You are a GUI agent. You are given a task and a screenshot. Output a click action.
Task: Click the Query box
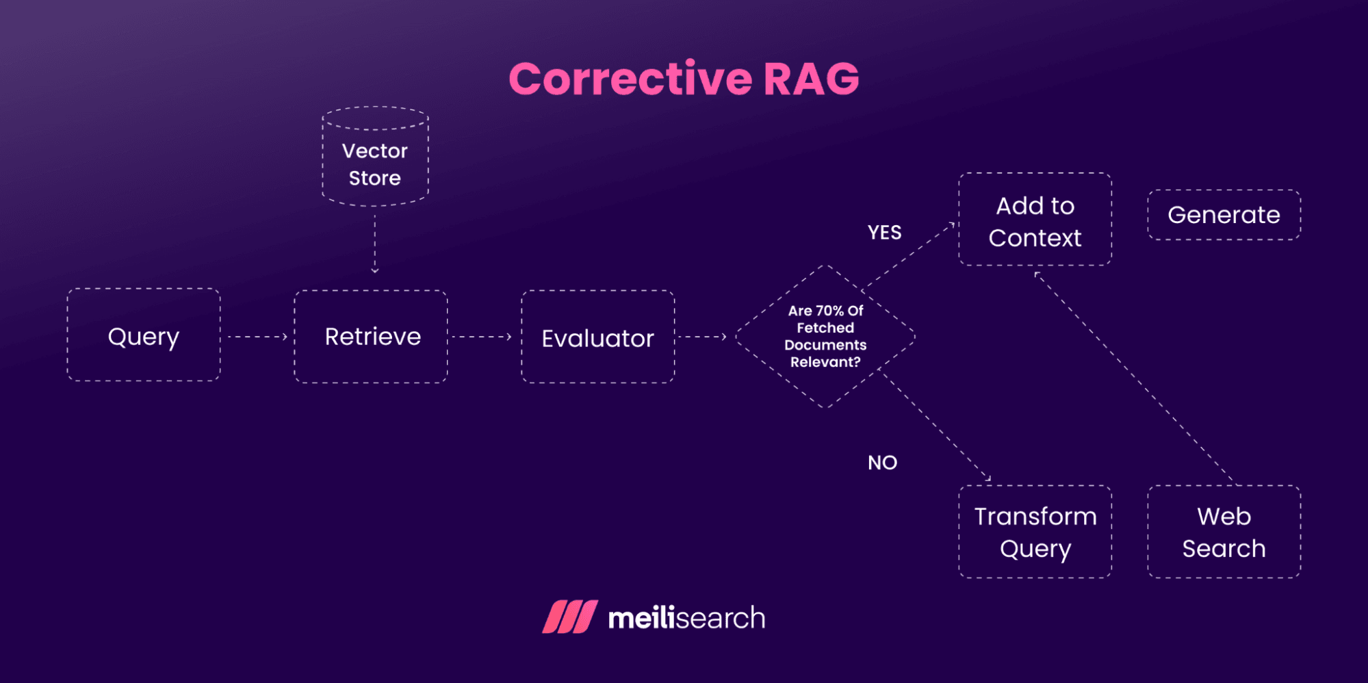[x=144, y=335]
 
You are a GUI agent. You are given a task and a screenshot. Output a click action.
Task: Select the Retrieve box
[x=371, y=337]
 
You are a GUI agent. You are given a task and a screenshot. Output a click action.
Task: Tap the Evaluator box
[x=597, y=337]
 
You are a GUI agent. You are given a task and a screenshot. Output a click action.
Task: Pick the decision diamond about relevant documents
[x=825, y=336]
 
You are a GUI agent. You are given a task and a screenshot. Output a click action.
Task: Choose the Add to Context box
[x=1035, y=220]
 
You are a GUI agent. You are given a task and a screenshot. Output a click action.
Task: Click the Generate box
[x=1224, y=215]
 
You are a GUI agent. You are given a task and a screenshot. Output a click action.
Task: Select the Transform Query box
[x=1035, y=532]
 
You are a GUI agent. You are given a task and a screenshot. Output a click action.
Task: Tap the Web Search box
[x=1224, y=532]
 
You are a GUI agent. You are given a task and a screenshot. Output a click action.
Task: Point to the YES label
[x=884, y=233]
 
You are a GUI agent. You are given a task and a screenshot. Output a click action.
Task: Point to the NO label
[x=882, y=463]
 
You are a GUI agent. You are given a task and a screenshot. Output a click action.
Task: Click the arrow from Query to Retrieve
[x=257, y=337]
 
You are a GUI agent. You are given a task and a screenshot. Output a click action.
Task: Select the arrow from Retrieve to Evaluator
[x=482, y=337]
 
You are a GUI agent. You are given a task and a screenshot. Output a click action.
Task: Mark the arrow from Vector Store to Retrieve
[x=375, y=243]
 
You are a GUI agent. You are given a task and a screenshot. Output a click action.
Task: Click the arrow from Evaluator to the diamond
[x=701, y=337]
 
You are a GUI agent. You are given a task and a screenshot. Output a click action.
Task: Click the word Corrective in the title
[x=630, y=79]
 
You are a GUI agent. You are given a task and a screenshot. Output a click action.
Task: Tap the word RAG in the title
[x=811, y=79]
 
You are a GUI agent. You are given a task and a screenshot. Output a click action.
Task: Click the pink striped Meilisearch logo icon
[x=569, y=617]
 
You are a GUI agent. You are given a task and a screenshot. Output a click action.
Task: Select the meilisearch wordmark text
[x=686, y=618]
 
